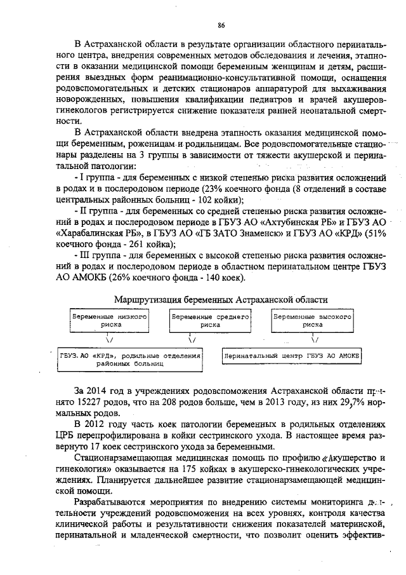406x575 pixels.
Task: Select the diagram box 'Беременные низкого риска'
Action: (x=110, y=320)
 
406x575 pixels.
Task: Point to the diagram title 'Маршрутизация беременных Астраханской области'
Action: (x=221, y=299)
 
